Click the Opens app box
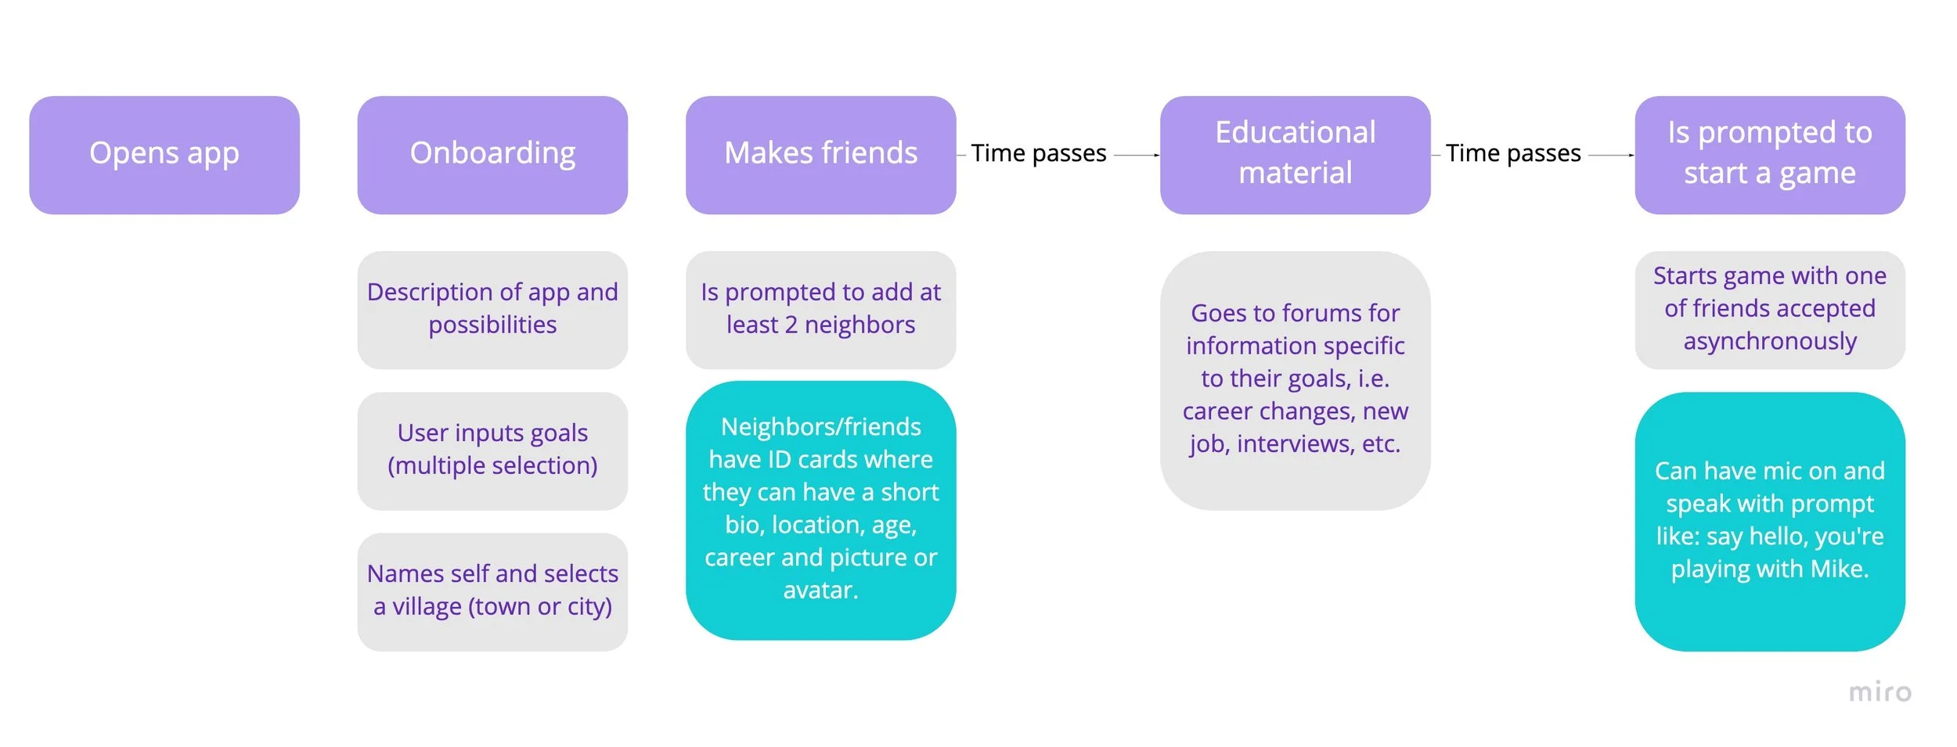click(x=164, y=155)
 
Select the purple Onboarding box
click(x=492, y=155)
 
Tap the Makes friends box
click(x=820, y=155)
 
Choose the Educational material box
click(x=1295, y=155)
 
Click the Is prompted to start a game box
click(x=1769, y=155)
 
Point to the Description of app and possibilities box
click(x=492, y=310)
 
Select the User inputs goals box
click(x=492, y=451)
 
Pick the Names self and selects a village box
click(x=492, y=591)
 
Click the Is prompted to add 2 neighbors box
click(x=820, y=310)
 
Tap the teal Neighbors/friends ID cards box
click(x=820, y=510)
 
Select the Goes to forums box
click(x=1295, y=380)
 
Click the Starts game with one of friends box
click(x=1769, y=310)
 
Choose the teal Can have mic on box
click(x=1769, y=521)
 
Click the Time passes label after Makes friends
click(x=1038, y=153)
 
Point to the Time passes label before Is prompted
click(x=1512, y=153)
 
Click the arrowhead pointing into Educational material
click(x=1156, y=156)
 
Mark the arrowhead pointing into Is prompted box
click(x=1631, y=156)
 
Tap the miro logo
click(x=1880, y=692)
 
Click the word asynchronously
click(x=1769, y=342)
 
